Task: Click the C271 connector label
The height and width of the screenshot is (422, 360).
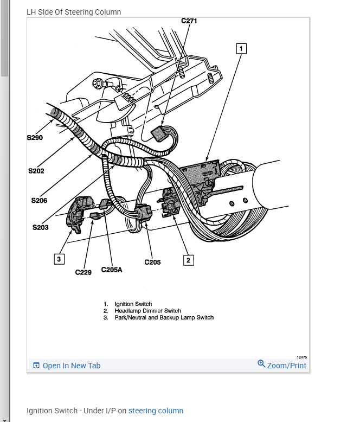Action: pyautogui.click(x=189, y=21)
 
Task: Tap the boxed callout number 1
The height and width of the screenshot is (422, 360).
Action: pyautogui.click(x=241, y=48)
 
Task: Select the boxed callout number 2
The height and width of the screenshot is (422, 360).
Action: pyautogui.click(x=188, y=260)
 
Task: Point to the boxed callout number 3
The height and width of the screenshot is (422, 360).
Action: pyautogui.click(x=59, y=259)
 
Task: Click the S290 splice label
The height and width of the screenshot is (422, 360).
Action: pyautogui.click(x=35, y=138)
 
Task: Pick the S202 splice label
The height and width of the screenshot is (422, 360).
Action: pyautogui.click(x=36, y=171)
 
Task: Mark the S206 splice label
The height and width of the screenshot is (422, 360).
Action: pyautogui.click(x=39, y=200)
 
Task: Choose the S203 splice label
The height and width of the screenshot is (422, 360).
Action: pyautogui.click(x=40, y=227)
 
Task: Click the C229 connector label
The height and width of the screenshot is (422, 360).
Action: pyautogui.click(x=83, y=272)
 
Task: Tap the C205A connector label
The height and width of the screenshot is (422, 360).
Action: pyautogui.click(x=112, y=270)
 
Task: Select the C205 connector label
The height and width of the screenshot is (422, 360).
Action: pyautogui.click(x=152, y=263)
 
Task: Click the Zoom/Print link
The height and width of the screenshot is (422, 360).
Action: pyautogui.click(x=286, y=366)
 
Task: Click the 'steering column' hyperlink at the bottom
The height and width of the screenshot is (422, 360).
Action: pyautogui.click(x=156, y=411)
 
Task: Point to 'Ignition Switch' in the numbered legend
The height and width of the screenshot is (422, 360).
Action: pyautogui.click(x=133, y=304)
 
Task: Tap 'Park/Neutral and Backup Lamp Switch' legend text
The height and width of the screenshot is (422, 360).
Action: pyautogui.click(x=164, y=317)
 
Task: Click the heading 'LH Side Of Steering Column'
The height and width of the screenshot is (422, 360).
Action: pyautogui.click(x=74, y=12)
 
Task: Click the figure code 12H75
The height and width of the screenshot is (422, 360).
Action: pyautogui.click(x=301, y=357)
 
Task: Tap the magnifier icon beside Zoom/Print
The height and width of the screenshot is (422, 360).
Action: pyautogui.click(x=261, y=364)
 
